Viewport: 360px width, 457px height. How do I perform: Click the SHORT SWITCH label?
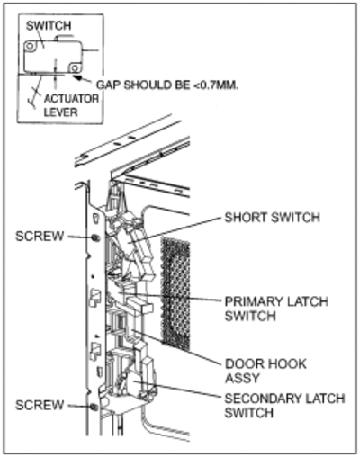point(273,218)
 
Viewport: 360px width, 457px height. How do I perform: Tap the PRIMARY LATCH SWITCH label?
point(276,309)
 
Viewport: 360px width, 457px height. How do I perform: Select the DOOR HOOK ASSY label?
point(265,371)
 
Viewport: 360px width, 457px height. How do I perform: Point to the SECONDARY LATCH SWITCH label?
point(284,406)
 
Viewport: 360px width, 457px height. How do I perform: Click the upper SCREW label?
point(40,237)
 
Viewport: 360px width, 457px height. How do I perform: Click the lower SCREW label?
point(40,405)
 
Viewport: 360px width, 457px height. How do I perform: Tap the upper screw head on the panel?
point(95,237)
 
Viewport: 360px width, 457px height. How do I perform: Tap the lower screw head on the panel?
point(94,407)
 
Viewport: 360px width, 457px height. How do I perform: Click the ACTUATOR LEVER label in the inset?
point(71,105)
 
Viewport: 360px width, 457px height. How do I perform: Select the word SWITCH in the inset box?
point(49,26)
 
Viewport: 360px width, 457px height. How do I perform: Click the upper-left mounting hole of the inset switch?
point(30,46)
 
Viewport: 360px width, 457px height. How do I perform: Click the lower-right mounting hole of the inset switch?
point(75,68)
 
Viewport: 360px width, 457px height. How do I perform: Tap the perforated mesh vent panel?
point(175,294)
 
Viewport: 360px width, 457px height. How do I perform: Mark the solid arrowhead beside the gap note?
point(77,78)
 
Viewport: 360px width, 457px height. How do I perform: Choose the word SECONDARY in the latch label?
point(263,399)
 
